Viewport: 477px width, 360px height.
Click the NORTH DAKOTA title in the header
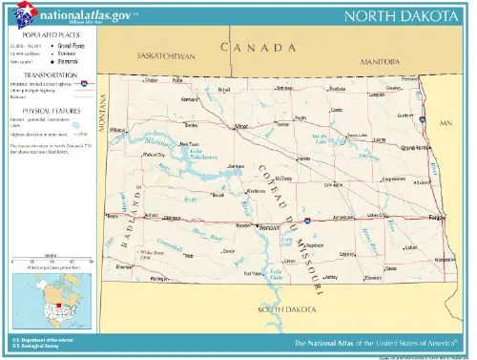point(405,16)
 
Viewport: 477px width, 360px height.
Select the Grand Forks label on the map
point(415,148)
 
